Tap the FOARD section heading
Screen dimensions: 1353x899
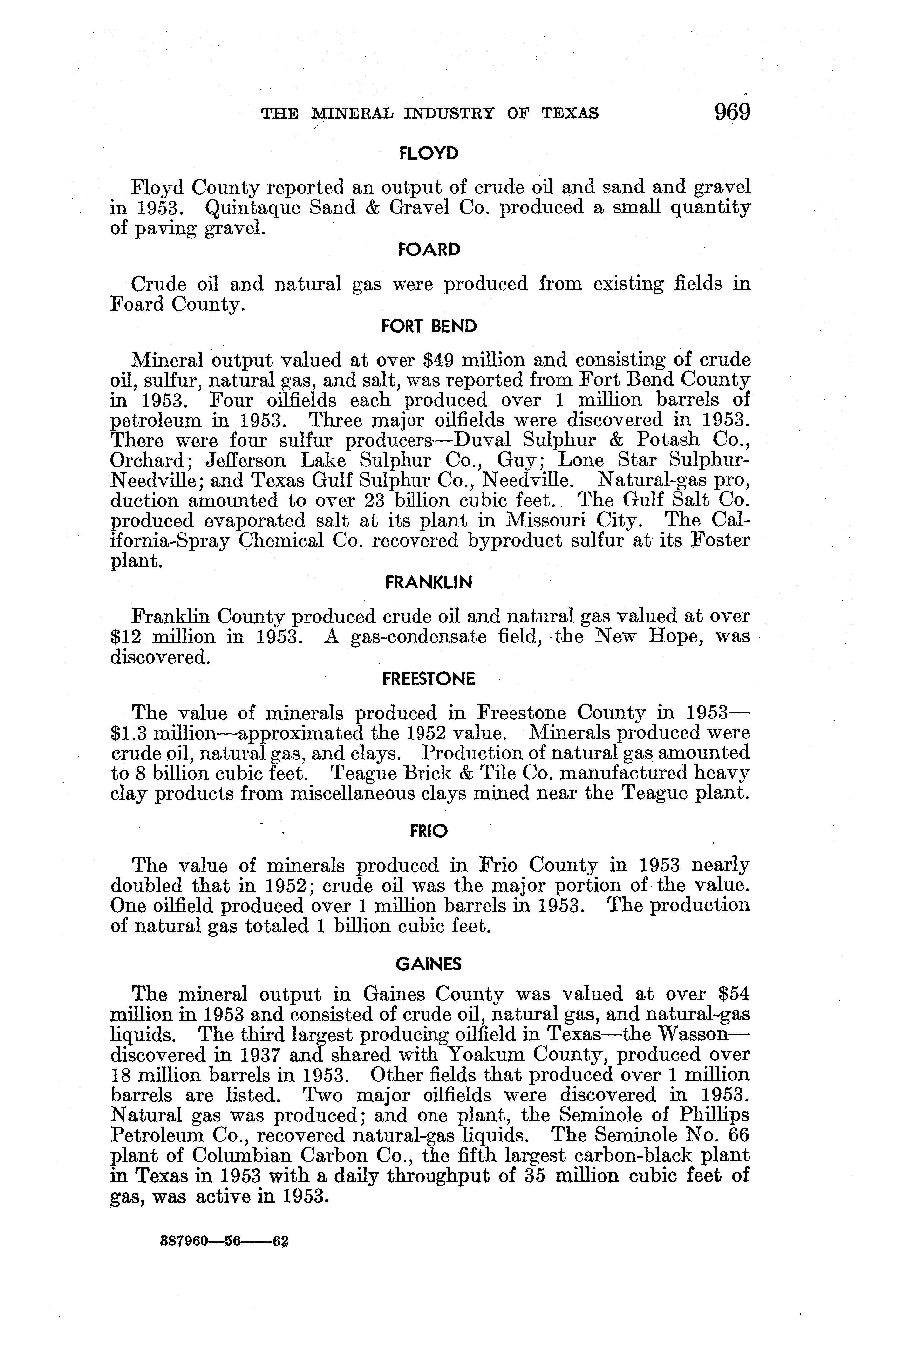pos(429,250)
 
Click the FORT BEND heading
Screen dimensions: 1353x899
pos(429,327)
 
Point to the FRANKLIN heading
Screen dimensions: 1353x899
pos(429,583)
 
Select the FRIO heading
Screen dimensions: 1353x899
pos(429,832)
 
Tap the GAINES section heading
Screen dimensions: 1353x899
pos(429,965)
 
